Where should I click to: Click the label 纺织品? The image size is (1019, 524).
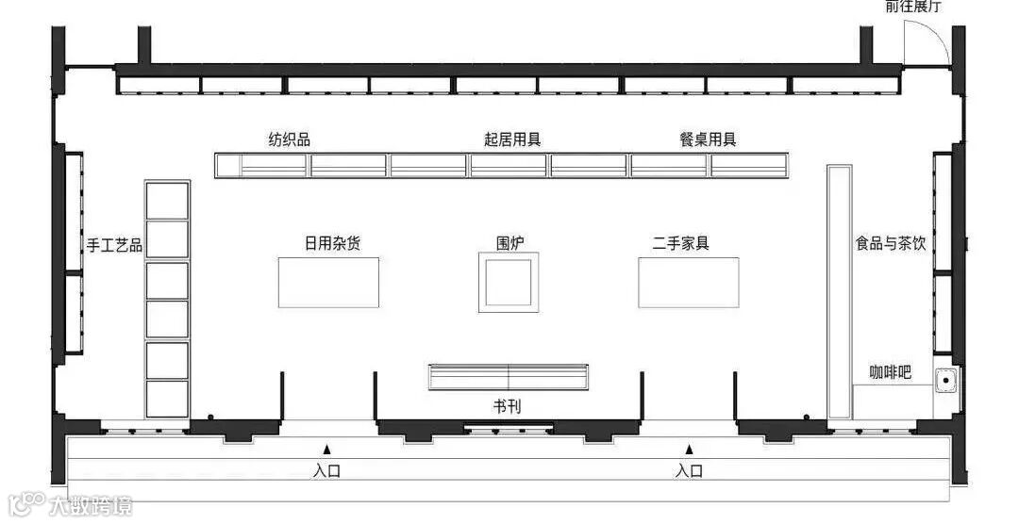click(290, 139)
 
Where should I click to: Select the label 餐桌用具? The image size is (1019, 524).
click(708, 139)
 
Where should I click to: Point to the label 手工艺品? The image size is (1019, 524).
click(114, 245)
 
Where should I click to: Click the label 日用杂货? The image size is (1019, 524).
click(332, 243)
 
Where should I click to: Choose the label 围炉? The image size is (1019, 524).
click(510, 243)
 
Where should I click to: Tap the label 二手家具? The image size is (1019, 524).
click(681, 243)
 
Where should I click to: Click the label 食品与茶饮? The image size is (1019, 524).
click(891, 243)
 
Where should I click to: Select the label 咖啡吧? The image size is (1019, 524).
click(890, 372)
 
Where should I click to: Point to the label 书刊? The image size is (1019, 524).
click(507, 407)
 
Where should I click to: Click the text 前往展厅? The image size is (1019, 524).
click(912, 8)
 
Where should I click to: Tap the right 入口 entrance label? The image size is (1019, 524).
click(689, 470)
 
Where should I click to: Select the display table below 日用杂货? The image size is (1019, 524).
click(329, 282)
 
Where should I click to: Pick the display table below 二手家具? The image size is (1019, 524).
click(689, 282)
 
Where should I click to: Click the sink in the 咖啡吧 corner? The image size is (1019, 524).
click(944, 382)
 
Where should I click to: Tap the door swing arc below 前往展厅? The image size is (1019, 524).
click(925, 42)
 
